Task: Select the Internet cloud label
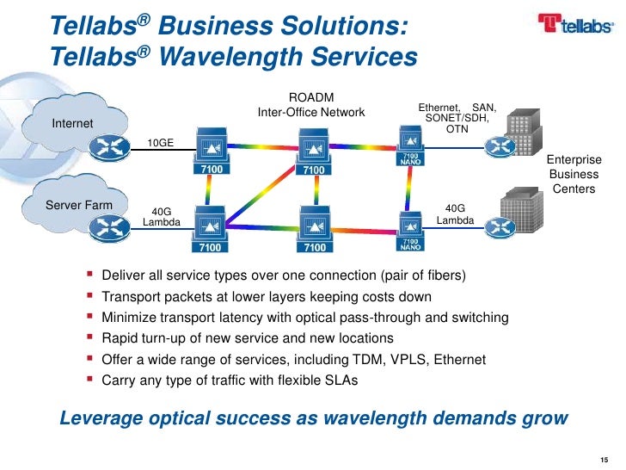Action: [x=72, y=124]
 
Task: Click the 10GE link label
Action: [x=161, y=143]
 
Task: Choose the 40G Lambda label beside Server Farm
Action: [x=161, y=216]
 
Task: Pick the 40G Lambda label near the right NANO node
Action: [x=455, y=214]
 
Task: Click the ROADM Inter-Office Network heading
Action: [x=311, y=105]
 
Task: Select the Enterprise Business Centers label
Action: [x=574, y=175]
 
